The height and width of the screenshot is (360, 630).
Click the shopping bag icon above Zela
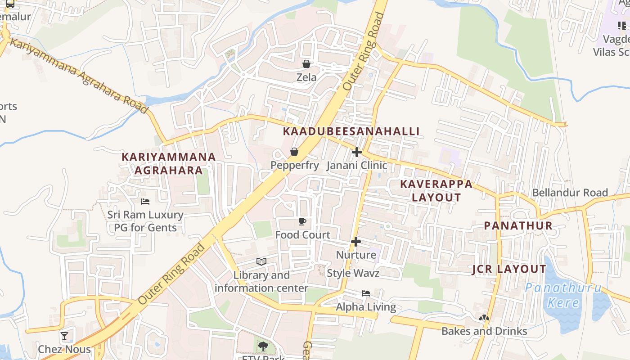click(306, 64)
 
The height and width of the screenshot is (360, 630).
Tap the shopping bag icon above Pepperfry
click(294, 152)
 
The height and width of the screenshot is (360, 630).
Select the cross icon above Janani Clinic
click(357, 152)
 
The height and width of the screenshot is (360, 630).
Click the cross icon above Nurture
click(356, 242)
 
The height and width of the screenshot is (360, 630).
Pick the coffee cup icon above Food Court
click(302, 221)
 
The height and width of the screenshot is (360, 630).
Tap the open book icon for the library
click(261, 261)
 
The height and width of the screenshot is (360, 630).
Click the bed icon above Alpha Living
click(366, 293)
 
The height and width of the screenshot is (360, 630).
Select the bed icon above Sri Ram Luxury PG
click(145, 201)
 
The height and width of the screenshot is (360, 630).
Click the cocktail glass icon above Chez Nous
click(64, 336)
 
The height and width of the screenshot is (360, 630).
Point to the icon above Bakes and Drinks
click(484, 318)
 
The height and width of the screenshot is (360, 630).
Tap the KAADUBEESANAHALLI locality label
click(351, 131)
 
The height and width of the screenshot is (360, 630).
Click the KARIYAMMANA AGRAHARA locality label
click(169, 164)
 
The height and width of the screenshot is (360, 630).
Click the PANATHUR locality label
click(518, 226)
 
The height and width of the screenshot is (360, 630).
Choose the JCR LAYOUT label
click(509, 270)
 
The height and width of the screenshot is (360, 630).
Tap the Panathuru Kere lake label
click(563, 295)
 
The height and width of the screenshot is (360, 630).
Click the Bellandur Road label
click(570, 193)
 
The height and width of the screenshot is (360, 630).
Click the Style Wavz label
click(353, 273)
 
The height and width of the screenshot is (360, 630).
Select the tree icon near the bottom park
click(263, 346)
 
